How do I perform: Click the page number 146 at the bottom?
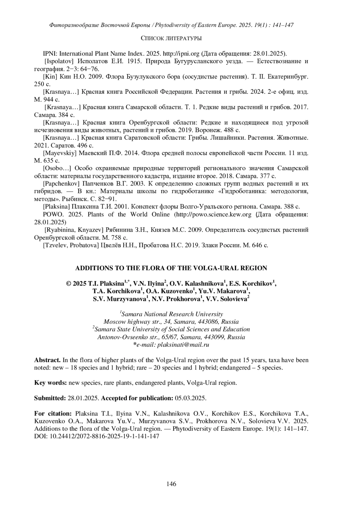click(171, 484)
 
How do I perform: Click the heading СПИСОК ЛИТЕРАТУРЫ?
click(171, 38)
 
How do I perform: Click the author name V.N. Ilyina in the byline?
click(148, 283)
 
